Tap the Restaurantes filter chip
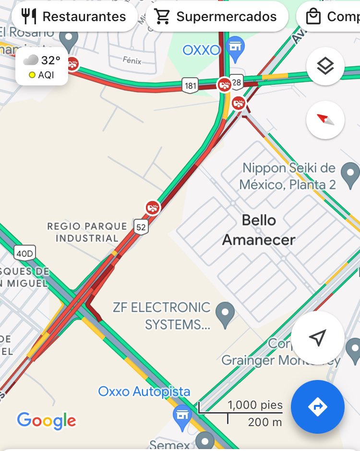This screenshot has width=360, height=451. click(x=74, y=17)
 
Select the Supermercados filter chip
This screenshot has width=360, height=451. click(x=216, y=17)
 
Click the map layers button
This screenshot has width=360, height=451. click(x=325, y=67)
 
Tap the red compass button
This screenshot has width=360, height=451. click(x=325, y=119)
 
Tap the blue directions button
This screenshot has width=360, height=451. click(x=317, y=407)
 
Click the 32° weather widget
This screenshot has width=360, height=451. click(x=42, y=66)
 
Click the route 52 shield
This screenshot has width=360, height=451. click(x=141, y=227)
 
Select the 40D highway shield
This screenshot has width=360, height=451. click(x=24, y=253)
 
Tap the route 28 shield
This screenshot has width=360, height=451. click(x=237, y=83)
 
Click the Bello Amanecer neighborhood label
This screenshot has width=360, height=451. click(x=259, y=230)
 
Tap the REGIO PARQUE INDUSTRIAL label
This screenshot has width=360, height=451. click(x=87, y=232)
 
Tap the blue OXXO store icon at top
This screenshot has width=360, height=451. click(x=235, y=48)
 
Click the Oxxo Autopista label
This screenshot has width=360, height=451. click(x=144, y=392)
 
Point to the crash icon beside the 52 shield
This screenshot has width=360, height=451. click(x=153, y=208)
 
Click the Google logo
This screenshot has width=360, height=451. click(x=46, y=421)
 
